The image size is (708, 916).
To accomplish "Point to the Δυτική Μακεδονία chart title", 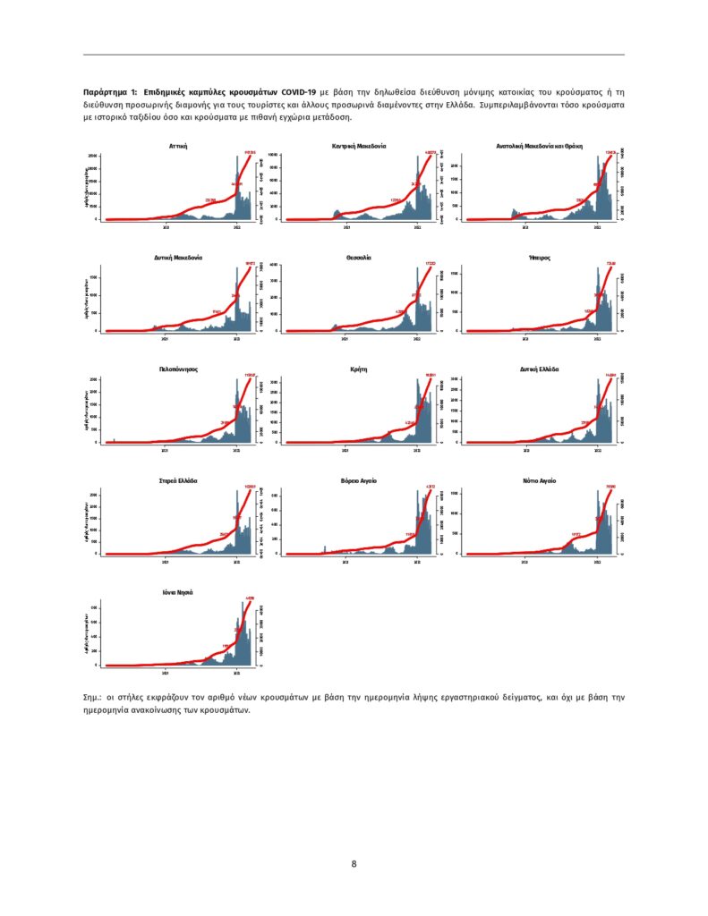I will [x=177, y=257].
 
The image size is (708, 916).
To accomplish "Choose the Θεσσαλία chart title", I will [x=358, y=257].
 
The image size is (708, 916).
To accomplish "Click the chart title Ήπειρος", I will [x=539, y=257].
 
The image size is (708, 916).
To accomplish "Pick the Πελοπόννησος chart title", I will [x=177, y=369].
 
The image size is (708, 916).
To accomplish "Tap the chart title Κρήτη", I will [x=358, y=369].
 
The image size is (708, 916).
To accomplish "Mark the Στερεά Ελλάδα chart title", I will [x=177, y=480].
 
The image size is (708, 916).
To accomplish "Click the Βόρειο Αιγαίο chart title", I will [x=358, y=480].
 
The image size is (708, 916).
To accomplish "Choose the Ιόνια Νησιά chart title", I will [x=177, y=592].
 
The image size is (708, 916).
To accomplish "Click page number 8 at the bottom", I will [x=354, y=864].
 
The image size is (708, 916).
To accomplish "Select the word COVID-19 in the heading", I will [x=299, y=92].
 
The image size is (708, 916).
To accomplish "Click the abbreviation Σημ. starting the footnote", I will [x=92, y=695].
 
